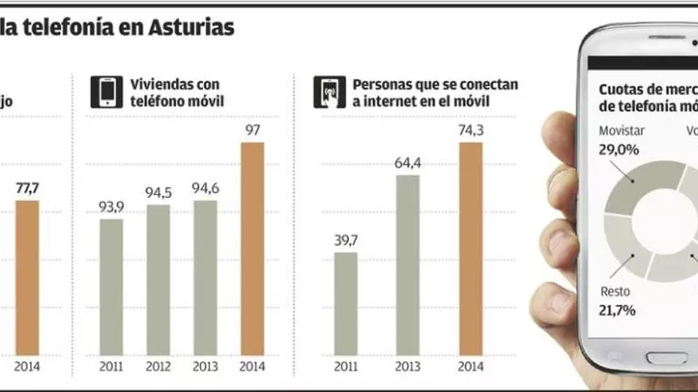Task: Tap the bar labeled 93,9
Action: click(x=111, y=286)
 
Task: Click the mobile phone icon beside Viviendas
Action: click(x=106, y=92)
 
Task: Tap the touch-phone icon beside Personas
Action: click(x=329, y=92)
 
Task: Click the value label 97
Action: click(x=253, y=130)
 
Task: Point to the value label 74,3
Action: click(x=470, y=130)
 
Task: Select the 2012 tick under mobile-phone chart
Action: click(x=158, y=366)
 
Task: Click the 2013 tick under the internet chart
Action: click(x=408, y=366)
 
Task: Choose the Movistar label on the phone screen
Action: click(x=622, y=131)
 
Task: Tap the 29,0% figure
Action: click(x=619, y=149)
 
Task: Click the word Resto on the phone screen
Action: click(x=616, y=291)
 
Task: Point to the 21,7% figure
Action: click(x=618, y=310)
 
